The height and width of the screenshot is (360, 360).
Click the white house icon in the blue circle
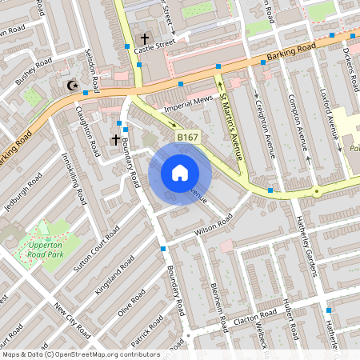(180, 173)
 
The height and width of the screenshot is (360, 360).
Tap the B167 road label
(187, 138)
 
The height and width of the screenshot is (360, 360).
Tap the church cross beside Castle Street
(146, 38)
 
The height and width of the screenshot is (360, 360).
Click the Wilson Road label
(212, 225)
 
